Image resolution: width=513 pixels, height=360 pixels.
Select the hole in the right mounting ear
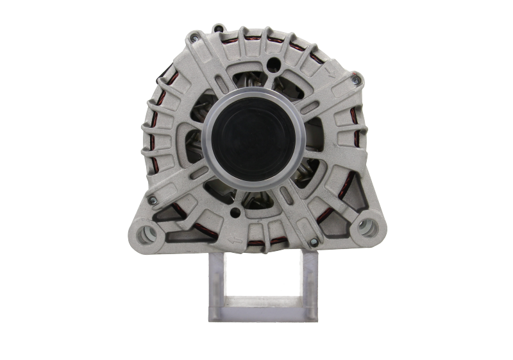pos(366,225)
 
